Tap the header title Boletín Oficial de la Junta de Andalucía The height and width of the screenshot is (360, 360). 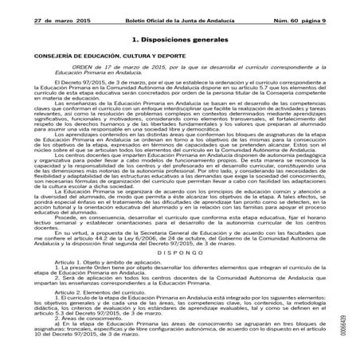tap(178, 7)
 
